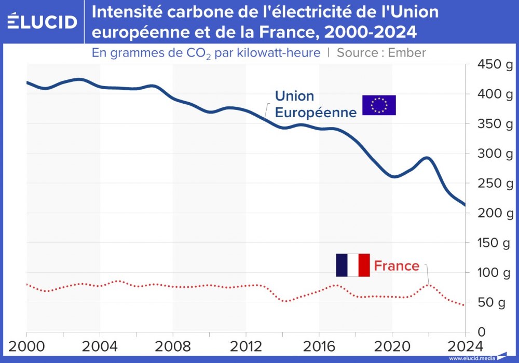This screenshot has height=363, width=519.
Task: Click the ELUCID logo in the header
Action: [43, 21]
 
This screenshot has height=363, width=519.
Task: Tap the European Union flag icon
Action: [379, 105]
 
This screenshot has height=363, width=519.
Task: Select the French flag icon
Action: [352, 265]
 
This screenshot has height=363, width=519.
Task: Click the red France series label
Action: [397, 266]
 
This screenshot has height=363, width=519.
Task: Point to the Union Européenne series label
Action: [316, 104]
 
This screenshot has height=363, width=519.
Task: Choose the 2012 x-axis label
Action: [245, 346]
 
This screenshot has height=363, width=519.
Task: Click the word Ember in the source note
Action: [407, 52]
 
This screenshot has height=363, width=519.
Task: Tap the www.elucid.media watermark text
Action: [471, 358]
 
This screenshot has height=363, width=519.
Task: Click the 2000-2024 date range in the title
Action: [370, 32]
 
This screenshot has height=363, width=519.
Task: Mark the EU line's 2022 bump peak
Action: [427, 158]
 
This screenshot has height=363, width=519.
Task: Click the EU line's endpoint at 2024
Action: [465, 205]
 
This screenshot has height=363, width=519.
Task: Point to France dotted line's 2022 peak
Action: [428, 284]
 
